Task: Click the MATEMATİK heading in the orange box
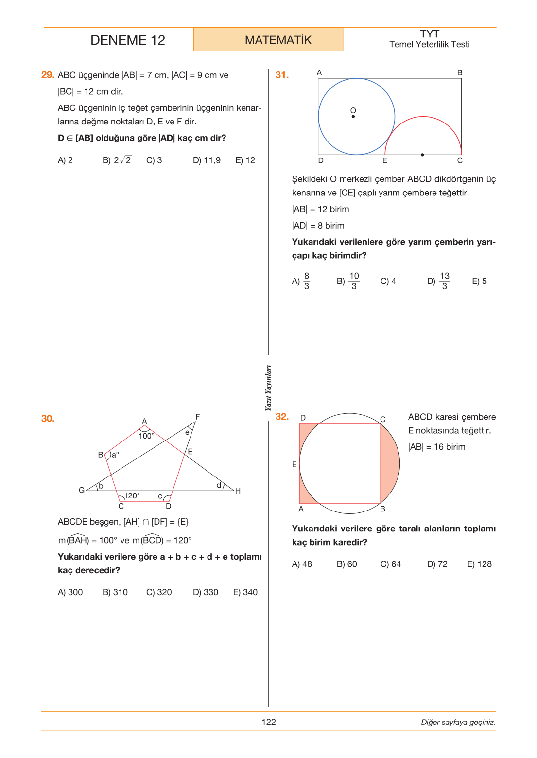click(x=278, y=40)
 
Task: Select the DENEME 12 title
click(x=128, y=40)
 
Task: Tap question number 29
click(x=48, y=75)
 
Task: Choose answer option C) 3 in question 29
click(x=154, y=160)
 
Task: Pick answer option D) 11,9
click(x=207, y=160)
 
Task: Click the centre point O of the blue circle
click(x=353, y=116)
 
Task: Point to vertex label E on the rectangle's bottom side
click(x=384, y=160)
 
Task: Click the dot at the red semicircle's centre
click(x=422, y=155)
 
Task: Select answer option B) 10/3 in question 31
click(x=348, y=281)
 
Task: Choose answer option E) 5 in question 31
click(x=480, y=281)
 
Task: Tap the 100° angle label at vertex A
click(x=146, y=436)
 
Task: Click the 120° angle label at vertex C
click(x=132, y=496)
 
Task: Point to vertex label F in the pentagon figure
click(x=197, y=417)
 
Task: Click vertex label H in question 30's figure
click(x=238, y=491)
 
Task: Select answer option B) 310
click(x=115, y=592)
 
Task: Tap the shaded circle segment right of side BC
click(x=390, y=463)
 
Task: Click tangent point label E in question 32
click(x=294, y=464)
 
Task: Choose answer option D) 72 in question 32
click(x=437, y=564)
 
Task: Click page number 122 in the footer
click(x=268, y=722)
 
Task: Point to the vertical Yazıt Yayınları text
click(x=268, y=388)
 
